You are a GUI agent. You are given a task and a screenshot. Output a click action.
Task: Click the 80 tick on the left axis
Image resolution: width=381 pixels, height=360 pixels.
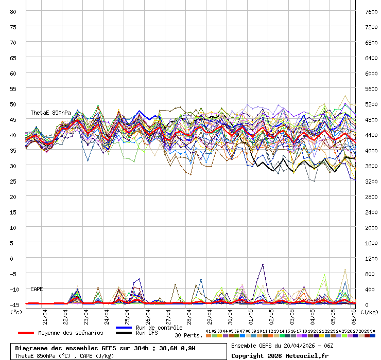pyautogui.click(x=13, y=11)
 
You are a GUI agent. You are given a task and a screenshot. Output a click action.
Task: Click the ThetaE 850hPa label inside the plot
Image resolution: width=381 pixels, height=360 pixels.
pyautogui.click(x=50, y=113)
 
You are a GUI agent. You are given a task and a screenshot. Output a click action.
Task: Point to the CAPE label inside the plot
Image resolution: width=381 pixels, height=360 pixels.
pyautogui.click(x=37, y=289)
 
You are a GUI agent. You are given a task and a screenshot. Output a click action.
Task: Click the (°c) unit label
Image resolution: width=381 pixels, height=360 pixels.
pyautogui.click(x=16, y=312)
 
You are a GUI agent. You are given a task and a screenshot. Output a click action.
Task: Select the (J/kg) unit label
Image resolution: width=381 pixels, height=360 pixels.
pyautogui.click(x=369, y=312)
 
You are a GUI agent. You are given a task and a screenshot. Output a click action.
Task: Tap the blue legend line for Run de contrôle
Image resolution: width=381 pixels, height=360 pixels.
pyautogui.click(x=125, y=328)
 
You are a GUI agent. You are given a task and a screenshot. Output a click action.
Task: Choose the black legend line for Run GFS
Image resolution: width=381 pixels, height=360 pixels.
pyautogui.click(x=125, y=333)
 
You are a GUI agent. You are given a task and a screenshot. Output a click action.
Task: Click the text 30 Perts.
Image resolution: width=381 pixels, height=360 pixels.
pyautogui.click(x=188, y=335)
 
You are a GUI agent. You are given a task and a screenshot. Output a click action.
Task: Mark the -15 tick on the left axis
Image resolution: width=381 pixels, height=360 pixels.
pyautogui.click(x=13, y=304)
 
